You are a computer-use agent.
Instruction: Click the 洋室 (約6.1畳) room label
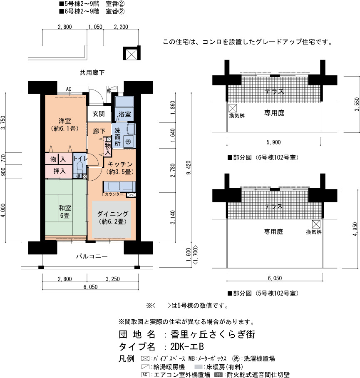coord(65,124)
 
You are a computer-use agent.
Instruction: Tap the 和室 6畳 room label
coord(65,211)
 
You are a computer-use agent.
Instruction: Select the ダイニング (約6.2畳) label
coord(112,217)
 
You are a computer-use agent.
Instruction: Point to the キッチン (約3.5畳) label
coord(120,168)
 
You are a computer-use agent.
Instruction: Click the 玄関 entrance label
coord(99,114)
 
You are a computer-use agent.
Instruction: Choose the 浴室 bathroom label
coord(124,114)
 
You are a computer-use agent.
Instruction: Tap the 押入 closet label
coord(59,171)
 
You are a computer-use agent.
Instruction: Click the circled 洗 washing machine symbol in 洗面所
coord(128,142)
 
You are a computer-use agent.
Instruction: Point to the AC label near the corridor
coord(69,89)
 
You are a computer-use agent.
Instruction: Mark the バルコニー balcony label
coord(92,256)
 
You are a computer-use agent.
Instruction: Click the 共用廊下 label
coord(92,72)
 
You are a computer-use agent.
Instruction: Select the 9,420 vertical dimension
coord(189,167)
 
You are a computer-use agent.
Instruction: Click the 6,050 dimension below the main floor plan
coord(91,287)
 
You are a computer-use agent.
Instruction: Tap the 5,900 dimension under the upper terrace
coord(273,142)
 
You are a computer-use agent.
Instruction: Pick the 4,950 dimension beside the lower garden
coord(355,229)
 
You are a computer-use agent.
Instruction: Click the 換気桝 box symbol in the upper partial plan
coord(233,108)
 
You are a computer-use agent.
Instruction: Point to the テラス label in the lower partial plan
coord(273,206)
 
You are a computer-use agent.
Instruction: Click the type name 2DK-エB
coord(187,347)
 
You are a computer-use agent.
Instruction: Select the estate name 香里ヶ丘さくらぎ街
coord(213,334)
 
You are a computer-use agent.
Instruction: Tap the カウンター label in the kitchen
coord(114,194)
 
